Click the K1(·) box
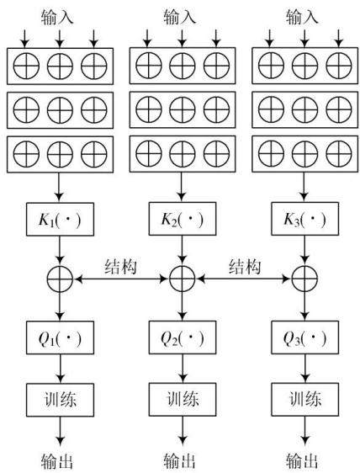tap(60, 219)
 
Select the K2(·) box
tap(183, 219)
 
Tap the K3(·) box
tap(304, 219)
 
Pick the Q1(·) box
tap(60, 337)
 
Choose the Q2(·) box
tap(183, 337)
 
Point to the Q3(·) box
tap(304, 337)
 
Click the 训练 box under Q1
tap(60, 400)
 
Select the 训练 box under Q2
tap(183, 400)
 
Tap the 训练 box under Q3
tap(304, 400)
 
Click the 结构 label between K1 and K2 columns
tap(120, 267)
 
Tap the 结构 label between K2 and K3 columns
tap(245, 267)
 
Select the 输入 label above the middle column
tap(180, 17)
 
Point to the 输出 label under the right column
tap(302, 461)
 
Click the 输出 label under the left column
tap(57, 461)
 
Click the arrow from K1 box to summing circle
tap(60, 251)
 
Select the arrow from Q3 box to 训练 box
tap(305, 369)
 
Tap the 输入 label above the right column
tap(302, 17)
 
